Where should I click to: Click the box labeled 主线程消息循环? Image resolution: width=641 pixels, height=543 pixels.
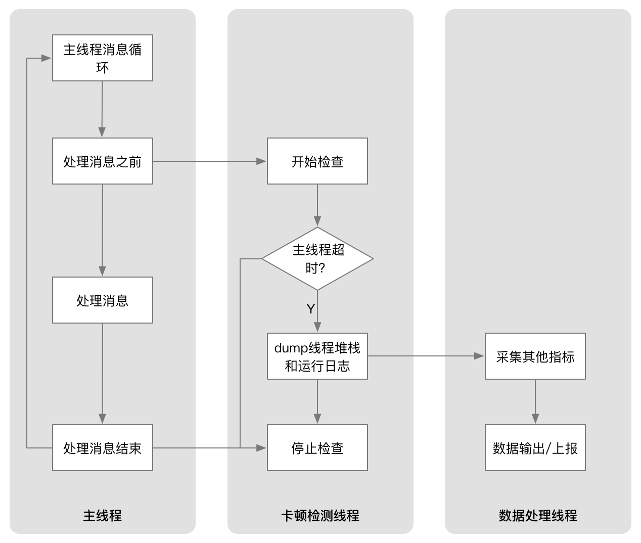pos(103,58)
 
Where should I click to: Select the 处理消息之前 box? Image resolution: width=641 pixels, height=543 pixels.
pos(103,161)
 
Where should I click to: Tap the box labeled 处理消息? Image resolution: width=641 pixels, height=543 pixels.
pos(103,300)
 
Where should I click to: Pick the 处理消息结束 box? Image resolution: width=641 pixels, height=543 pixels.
pos(103,448)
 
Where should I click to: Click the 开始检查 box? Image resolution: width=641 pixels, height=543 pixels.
pos(317,161)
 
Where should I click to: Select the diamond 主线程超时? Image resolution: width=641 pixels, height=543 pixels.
pos(317,259)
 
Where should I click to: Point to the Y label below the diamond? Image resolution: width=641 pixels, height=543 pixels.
pos(311,308)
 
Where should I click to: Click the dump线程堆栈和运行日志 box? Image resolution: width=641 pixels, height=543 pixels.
pos(317,356)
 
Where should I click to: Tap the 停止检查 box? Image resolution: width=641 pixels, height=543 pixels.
pos(317,448)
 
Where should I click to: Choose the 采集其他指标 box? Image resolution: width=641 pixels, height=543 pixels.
pos(535,356)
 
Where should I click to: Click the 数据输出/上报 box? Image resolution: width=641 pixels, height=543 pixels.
pos(535,448)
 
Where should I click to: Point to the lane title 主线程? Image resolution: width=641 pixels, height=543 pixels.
pos(103,515)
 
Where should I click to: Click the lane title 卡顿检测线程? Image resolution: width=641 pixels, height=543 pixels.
pos(320,515)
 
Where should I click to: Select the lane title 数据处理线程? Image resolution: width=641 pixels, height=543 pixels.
pos(538,515)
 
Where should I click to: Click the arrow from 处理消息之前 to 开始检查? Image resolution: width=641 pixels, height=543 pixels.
pos(210,161)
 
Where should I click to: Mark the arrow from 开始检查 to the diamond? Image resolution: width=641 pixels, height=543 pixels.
pos(317,205)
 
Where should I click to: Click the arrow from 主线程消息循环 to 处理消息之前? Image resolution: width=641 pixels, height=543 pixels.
pos(103,109)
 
